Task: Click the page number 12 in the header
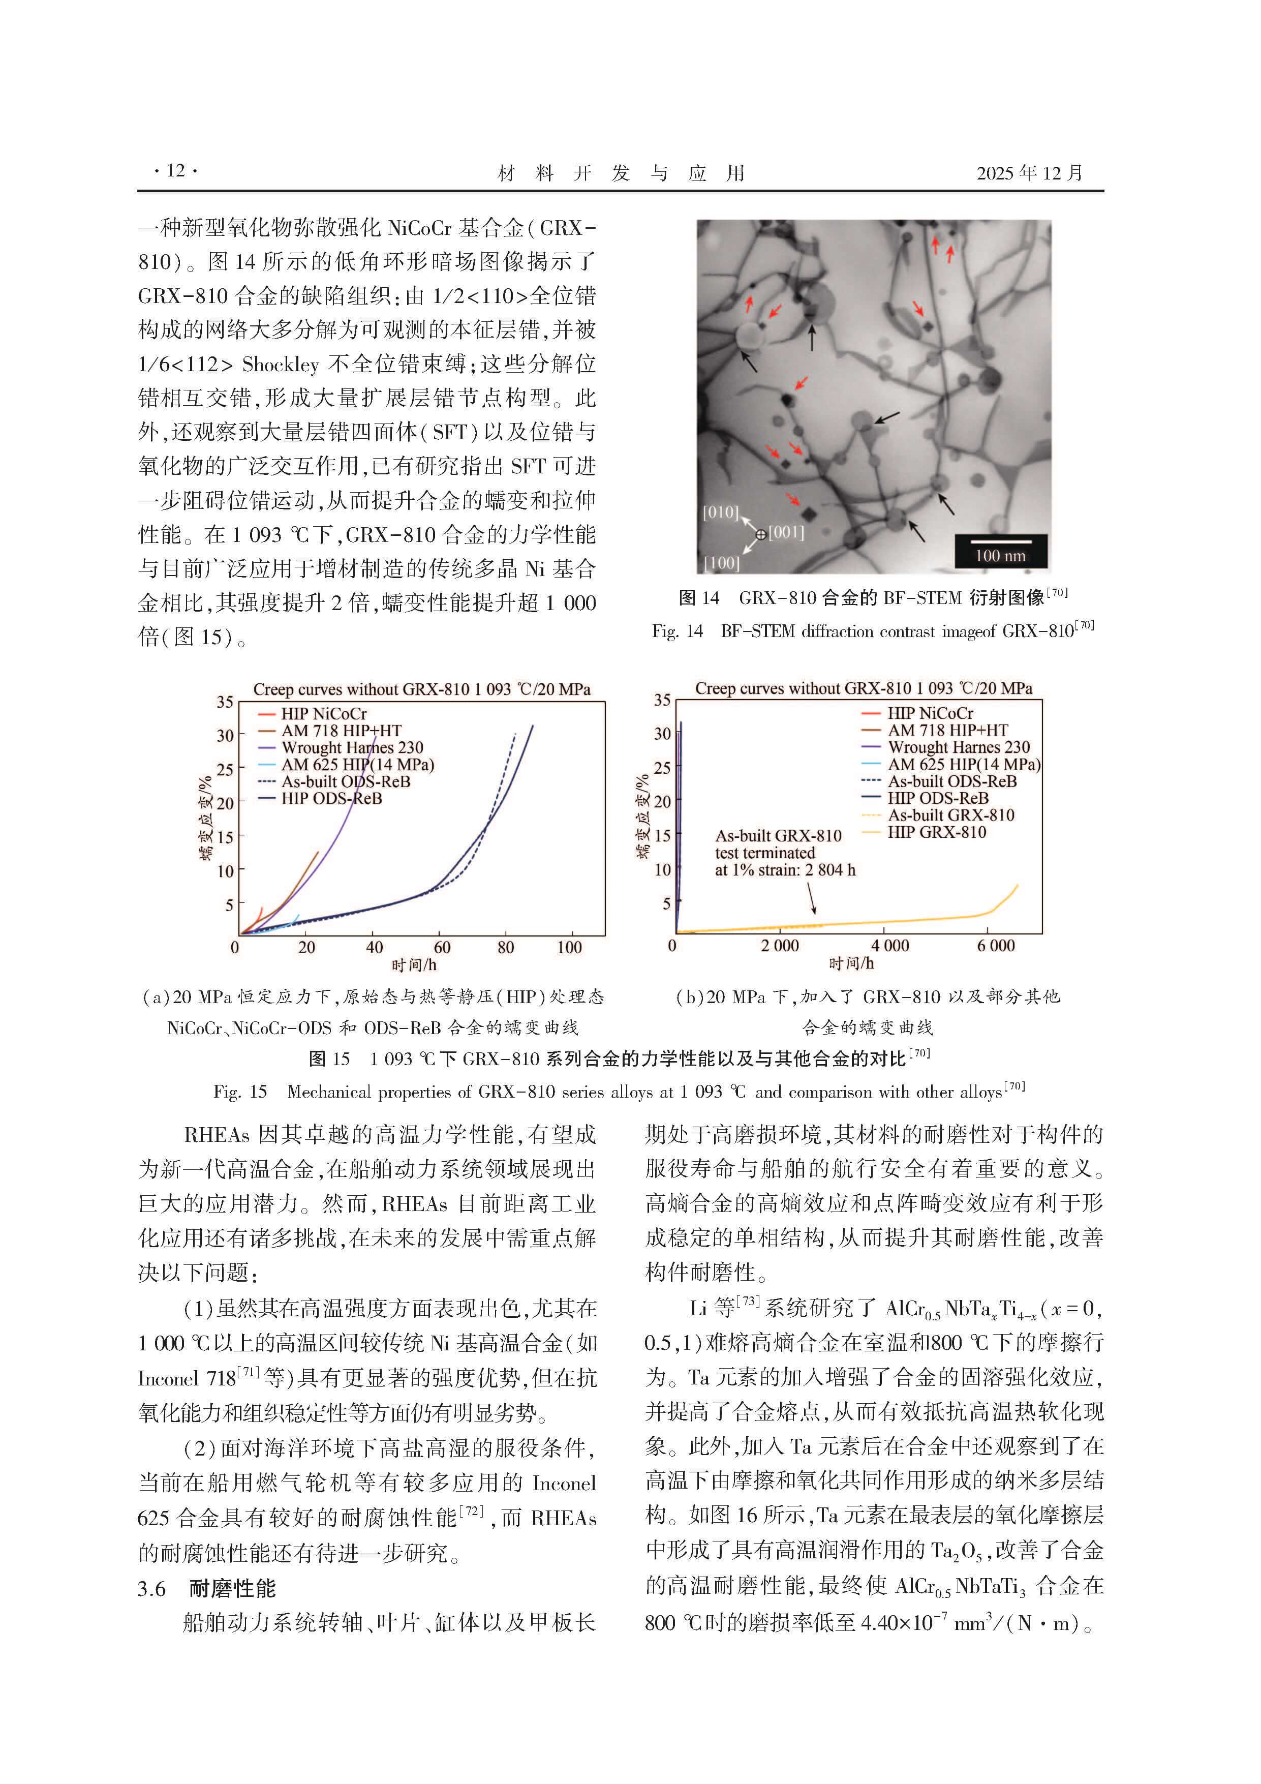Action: click(x=176, y=171)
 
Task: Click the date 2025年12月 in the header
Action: click(x=1029, y=172)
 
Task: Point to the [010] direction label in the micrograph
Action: click(x=720, y=513)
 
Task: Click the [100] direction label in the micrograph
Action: click(x=721, y=562)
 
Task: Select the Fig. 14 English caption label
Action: click(x=676, y=631)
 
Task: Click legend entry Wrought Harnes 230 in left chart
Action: click(x=352, y=747)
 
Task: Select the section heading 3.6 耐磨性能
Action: click(x=207, y=1589)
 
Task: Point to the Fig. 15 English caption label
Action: click(x=240, y=1092)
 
